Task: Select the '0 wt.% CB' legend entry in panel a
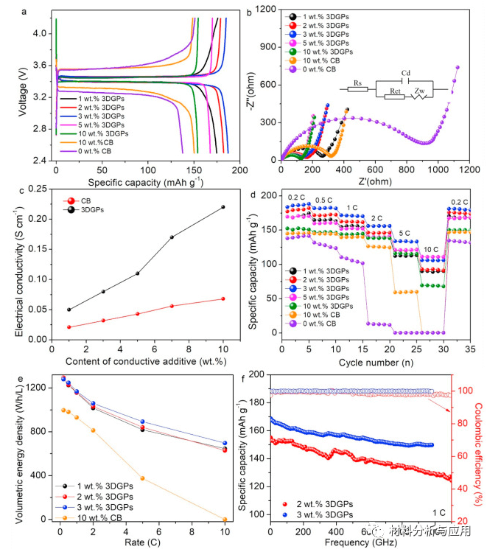pos(103,151)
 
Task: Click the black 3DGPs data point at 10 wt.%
pos(223,207)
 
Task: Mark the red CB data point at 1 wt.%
pos(69,327)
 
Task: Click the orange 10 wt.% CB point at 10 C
pos(223,520)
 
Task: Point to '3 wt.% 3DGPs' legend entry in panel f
pos(318,514)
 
